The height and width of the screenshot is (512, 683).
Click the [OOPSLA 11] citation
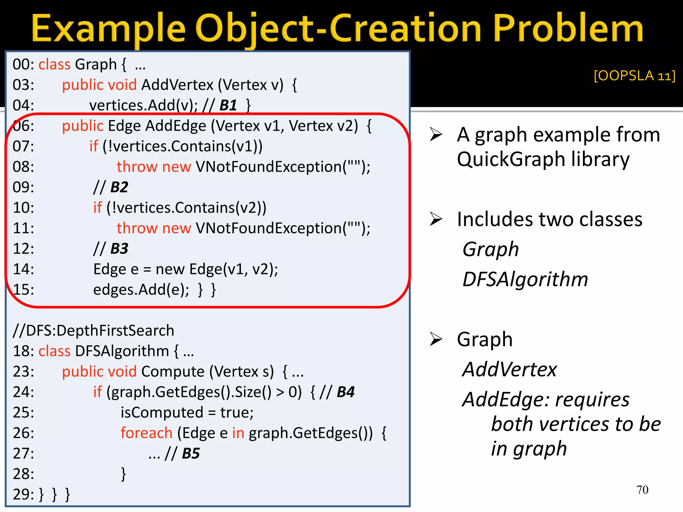634,76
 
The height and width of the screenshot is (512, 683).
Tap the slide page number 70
642,490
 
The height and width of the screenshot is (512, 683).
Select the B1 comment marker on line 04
228,105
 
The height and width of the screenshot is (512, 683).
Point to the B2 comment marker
119,187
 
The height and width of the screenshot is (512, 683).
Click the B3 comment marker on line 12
119,249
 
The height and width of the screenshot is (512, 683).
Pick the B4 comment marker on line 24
346,392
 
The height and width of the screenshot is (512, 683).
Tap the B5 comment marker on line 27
191,453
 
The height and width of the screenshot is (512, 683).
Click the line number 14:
23,269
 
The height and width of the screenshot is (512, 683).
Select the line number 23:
23,371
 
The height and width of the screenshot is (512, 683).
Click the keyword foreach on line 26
146,433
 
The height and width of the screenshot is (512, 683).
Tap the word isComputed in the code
162,413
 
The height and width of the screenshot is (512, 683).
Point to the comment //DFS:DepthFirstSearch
93,331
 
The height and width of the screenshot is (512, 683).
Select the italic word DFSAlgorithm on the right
525,279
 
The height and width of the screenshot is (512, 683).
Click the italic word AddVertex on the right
510,369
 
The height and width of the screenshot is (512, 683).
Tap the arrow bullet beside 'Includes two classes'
436,219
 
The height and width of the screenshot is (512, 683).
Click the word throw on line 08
137,167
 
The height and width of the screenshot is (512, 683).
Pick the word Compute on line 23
173,371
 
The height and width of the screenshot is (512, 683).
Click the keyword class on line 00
54,64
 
